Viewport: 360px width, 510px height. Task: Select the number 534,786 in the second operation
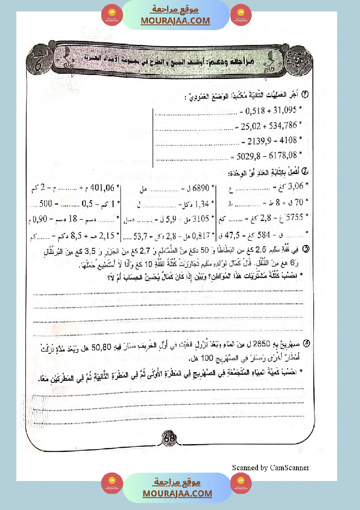282,126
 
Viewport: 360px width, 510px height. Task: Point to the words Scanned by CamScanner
271,468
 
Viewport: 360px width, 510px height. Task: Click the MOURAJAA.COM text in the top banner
175,21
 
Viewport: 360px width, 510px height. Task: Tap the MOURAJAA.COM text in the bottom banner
177,493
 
